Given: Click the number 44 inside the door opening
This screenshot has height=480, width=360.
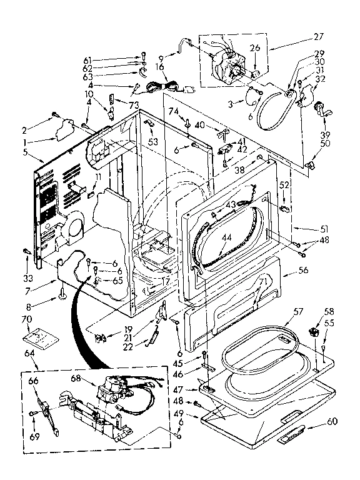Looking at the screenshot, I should pyautogui.click(x=224, y=238).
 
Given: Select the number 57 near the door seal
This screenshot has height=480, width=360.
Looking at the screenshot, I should pyautogui.click(x=299, y=310).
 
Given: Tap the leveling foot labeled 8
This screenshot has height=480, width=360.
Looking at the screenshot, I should pyautogui.click(x=62, y=293).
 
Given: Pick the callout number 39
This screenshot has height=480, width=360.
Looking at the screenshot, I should pyautogui.click(x=326, y=134).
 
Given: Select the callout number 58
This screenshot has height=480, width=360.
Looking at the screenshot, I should pyautogui.click(x=329, y=310).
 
